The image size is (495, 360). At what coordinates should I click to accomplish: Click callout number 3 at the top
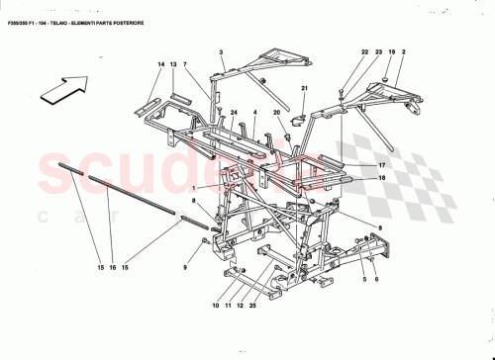(x=222, y=51)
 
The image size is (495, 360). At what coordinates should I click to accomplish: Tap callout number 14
(x=158, y=64)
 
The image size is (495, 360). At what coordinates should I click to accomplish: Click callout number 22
(x=364, y=51)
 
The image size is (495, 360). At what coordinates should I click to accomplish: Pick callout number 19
(x=390, y=51)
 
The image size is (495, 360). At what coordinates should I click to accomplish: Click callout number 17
(x=380, y=165)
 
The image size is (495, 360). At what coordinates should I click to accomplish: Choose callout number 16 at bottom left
(x=111, y=269)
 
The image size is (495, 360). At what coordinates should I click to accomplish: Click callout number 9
(x=184, y=268)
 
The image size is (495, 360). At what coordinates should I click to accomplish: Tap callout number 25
(x=253, y=306)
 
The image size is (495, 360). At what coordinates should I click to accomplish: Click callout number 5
(x=364, y=281)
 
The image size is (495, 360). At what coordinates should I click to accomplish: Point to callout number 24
(x=235, y=114)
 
